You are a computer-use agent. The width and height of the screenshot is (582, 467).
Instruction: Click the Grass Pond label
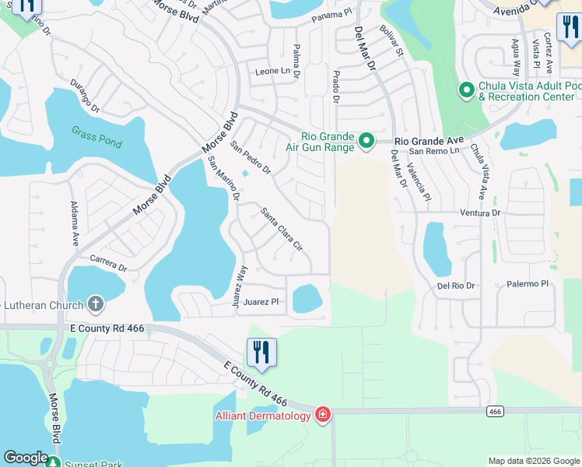tap(96, 132)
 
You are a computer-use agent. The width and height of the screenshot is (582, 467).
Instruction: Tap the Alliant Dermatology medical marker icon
tap(323, 415)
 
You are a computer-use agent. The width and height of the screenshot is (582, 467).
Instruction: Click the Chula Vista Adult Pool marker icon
tap(467, 91)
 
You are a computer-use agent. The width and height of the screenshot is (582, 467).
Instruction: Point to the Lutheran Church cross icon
tap(96, 303)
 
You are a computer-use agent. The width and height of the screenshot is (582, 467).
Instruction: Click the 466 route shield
tap(494, 410)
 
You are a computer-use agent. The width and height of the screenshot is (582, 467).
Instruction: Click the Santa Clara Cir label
tap(281, 227)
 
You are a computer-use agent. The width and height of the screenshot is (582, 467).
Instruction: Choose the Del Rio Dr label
tap(456, 286)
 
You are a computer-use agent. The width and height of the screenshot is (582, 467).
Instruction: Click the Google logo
tap(26, 458)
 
